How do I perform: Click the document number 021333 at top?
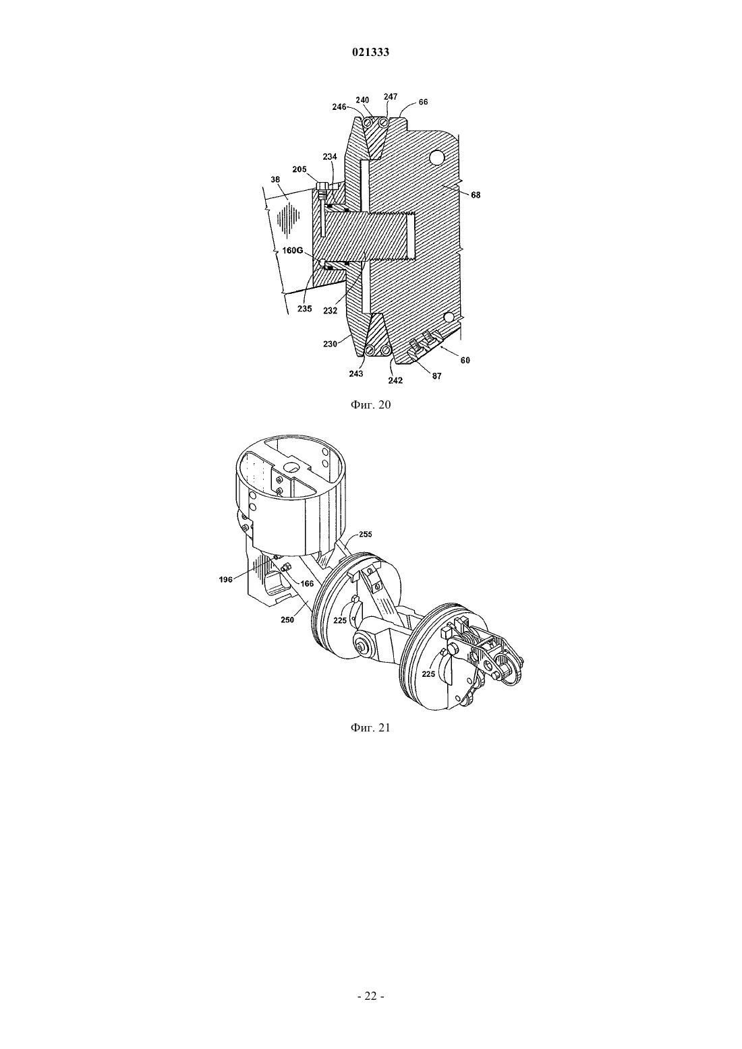[x=370, y=53]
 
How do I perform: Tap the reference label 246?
[x=339, y=107]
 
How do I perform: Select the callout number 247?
[x=390, y=96]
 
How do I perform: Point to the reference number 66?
[x=423, y=102]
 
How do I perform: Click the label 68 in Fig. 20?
[x=476, y=196]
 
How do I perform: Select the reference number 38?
[x=275, y=179]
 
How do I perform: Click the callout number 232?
[x=331, y=310]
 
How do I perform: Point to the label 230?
[x=330, y=344]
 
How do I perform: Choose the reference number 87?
[x=436, y=376]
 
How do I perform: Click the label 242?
[x=395, y=381]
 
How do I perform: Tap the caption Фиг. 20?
[x=370, y=405]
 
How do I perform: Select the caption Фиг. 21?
[x=370, y=727]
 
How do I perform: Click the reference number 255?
[x=366, y=534]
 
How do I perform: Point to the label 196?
[x=226, y=579]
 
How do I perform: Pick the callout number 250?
[x=287, y=620]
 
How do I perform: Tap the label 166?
[x=307, y=584]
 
